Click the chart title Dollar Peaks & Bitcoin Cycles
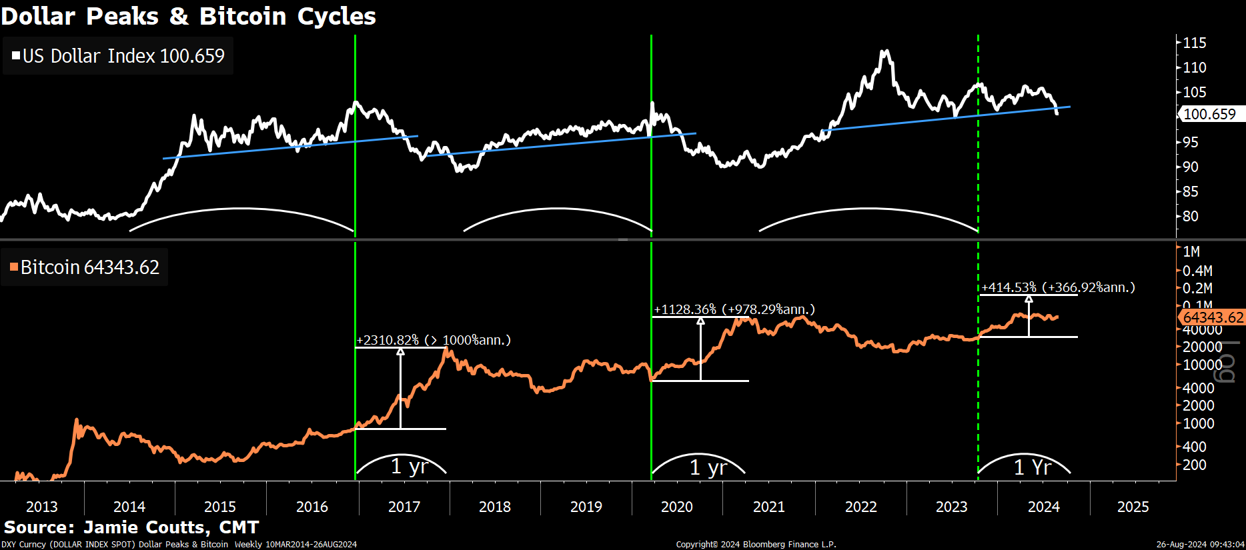pos(188,16)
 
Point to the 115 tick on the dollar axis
pos(1194,43)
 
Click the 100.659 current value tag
pos(1209,114)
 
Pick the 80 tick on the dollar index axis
pos(1190,216)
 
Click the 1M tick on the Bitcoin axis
pos(1191,252)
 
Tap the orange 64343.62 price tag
pos(1213,318)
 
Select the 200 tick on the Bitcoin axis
pos(1194,465)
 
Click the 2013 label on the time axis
pos(42,507)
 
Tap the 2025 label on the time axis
pos(1133,507)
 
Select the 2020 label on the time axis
pos(677,507)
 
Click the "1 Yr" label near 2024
pos(1032,467)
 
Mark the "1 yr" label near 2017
pos(409,466)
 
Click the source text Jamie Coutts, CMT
pos(131,527)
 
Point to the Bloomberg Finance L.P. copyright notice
pos(756,545)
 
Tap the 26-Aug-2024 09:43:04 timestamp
pos(1200,545)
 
